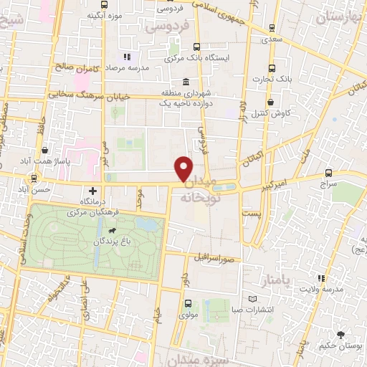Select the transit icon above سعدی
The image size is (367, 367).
(x=271, y=28)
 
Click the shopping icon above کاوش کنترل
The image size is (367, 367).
(x=272, y=101)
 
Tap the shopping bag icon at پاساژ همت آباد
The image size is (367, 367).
(x=46, y=151)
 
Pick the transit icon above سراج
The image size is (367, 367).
(x=329, y=173)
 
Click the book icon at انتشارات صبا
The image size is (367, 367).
(x=251, y=299)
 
